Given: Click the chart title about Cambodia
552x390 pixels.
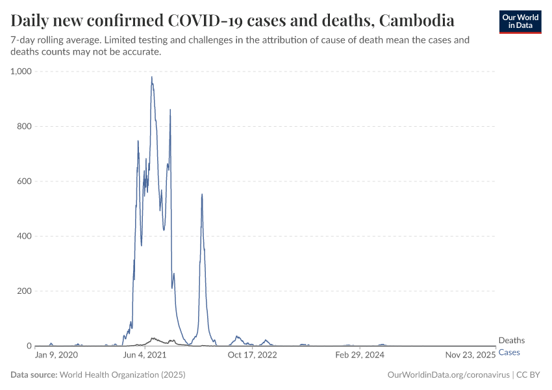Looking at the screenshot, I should pyautogui.click(x=232, y=20).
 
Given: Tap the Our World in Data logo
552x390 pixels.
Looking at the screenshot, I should pyautogui.click(x=520, y=21).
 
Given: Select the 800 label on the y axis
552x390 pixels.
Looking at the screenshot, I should pyautogui.click(x=25, y=126).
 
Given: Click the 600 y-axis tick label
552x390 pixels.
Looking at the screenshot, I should pyautogui.click(x=25, y=181).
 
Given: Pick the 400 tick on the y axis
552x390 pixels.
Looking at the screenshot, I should pyautogui.click(x=25, y=236).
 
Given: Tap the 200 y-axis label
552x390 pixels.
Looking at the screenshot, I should pyautogui.click(x=25, y=291).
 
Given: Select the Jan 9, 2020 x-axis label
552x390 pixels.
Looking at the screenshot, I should pyautogui.click(x=56, y=356).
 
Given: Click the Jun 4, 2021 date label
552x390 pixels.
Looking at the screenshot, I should pyautogui.click(x=144, y=356).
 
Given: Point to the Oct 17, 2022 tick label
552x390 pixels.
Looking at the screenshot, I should pyautogui.click(x=253, y=356).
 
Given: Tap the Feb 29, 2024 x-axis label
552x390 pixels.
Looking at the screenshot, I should pyautogui.click(x=360, y=356).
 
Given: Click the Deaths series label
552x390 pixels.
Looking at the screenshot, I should pyautogui.click(x=511, y=341).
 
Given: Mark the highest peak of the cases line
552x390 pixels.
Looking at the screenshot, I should pyautogui.click(x=152, y=77).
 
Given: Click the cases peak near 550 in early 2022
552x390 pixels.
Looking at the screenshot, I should pyautogui.click(x=202, y=194).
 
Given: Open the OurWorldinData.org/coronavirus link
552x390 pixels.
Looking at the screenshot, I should pyautogui.click(x=447, y=375).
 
